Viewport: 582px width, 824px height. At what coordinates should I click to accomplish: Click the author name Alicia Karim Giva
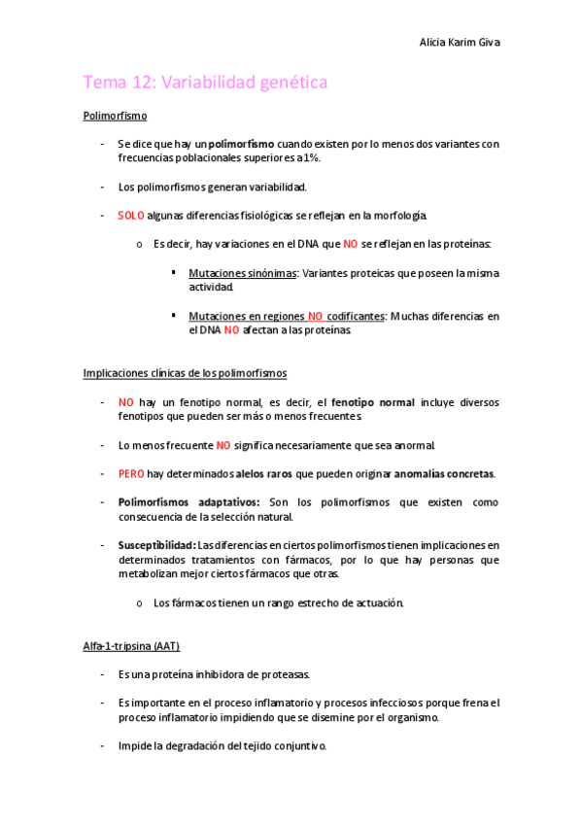tap(460, 43)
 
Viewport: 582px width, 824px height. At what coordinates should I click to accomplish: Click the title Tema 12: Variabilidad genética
tap(205, 83)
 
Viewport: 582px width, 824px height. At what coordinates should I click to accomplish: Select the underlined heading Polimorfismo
tap(115, 116)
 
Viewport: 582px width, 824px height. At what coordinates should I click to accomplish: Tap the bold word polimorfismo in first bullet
tap(241, 144)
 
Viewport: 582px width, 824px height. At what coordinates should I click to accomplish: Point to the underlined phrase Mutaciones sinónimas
tap(242, 274)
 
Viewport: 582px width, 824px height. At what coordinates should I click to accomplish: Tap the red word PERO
tap(131, 473)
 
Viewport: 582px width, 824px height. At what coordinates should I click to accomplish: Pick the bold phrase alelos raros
tap(263, 473)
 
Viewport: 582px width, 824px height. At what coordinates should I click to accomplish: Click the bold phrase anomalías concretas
tap(443, 473)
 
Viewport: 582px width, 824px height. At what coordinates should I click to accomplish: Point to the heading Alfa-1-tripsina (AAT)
tap(131, 645)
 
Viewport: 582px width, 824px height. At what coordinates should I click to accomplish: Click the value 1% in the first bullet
tap(311, 157)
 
